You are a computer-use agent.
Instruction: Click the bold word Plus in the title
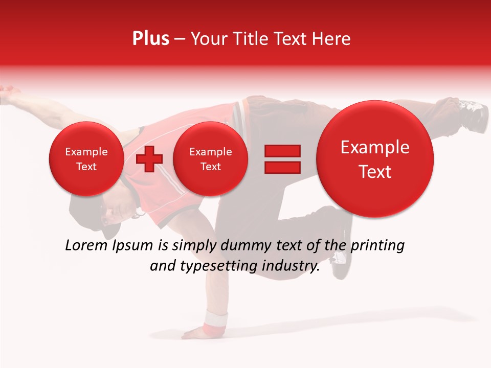150,39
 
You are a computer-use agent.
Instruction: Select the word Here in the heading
332,39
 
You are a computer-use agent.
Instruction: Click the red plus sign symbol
149,159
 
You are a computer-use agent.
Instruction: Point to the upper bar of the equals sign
282,151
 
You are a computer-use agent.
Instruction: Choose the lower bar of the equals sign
282,167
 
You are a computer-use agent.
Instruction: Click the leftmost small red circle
86,159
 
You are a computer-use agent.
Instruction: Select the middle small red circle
210,159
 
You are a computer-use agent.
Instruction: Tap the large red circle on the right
375,159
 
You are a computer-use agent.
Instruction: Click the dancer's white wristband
215,322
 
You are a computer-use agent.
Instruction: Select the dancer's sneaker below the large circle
341,263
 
